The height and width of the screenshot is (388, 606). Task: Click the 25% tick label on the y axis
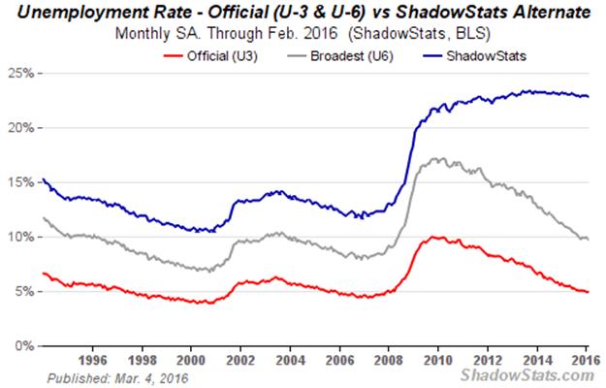(x=20, y=74)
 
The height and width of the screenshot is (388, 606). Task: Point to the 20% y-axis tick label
(x=20, y=128)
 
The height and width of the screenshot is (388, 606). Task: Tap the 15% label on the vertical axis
(x=20, y=182)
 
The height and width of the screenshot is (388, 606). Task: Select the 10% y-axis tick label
(x=20, y=237)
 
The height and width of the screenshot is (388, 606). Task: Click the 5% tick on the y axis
(x=23, y=291)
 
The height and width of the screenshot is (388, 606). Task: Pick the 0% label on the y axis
(x=23, y=345)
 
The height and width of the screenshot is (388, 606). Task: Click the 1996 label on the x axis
(x=92, y=357)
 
